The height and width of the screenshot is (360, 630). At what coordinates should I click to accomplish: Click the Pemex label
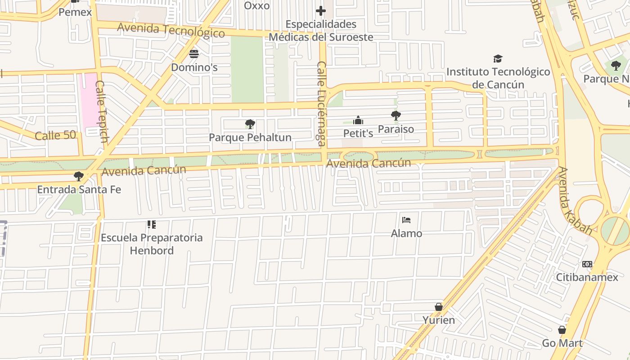pyautogui.click(x=75, y=12)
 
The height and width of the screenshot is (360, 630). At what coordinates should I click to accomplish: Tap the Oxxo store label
pyautogui.click(x=256, y=6)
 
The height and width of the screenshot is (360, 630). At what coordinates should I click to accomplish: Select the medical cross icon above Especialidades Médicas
pyautogui.click(x=321, y=11)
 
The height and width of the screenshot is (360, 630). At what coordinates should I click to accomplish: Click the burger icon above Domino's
pyautogui.click(x=194, y=54)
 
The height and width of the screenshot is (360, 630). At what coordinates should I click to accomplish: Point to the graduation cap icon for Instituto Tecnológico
pyautogui.click(x=498, y=59)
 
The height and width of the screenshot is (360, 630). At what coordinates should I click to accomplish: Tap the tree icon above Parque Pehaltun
pyautogui.click(x=250, y=124)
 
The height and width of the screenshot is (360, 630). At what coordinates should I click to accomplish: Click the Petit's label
pyautogui.click(x=358, y=134)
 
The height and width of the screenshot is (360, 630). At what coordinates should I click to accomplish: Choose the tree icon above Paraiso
pyautogui.click(x=396, y=116)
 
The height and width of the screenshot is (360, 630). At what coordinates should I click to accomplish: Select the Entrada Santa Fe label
pyautogui.click(x=79, y=189)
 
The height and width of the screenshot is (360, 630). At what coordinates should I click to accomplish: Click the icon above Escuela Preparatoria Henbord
pyautogui.click(x=152, y=224)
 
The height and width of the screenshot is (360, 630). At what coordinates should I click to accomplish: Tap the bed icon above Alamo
pyautogui.click(x=406, y=220)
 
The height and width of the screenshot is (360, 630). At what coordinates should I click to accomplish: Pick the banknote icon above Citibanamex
pyautogui.click(x=587, y=264)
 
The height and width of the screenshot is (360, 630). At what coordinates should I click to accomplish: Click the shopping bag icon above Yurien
pyautogui.click(x=439, y=307)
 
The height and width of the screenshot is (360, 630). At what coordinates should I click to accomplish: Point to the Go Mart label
pyautogui.click(x=562, y=343)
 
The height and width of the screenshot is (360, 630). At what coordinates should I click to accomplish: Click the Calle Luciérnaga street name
pyautogui.click(x=321, y=104)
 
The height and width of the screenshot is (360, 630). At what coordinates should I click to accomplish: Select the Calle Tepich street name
pyautogui.click(x=102, y=112)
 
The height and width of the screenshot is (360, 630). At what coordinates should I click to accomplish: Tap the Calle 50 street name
pyautogui.click(x=55, y=135)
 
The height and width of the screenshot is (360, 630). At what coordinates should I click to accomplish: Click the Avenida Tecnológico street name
pyautogui.click(x=171, y=30)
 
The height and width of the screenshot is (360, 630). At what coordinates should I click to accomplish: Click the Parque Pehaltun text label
pyautogui.click(x=250, y=138)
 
